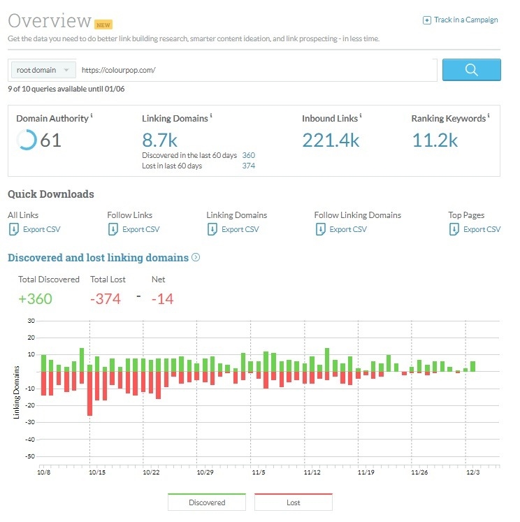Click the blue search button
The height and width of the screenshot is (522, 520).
471,70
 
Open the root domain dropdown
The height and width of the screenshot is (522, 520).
43,70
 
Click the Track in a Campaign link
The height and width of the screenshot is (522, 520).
461,20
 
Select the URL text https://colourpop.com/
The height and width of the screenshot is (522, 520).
118,70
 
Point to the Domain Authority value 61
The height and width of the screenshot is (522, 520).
50,140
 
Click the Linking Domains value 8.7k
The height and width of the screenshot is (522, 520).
159,140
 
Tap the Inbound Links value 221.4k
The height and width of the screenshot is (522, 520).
331,140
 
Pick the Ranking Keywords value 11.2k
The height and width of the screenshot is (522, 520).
434,140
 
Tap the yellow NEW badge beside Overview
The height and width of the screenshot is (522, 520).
104,24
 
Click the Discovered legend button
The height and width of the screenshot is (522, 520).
207,502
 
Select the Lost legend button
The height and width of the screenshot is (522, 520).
293,502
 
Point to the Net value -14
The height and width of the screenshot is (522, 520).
162,299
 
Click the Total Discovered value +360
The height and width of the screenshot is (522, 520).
35,299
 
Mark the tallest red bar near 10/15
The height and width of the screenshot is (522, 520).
89,393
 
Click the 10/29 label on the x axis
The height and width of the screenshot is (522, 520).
205,473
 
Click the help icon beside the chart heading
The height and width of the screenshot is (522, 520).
196,257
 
